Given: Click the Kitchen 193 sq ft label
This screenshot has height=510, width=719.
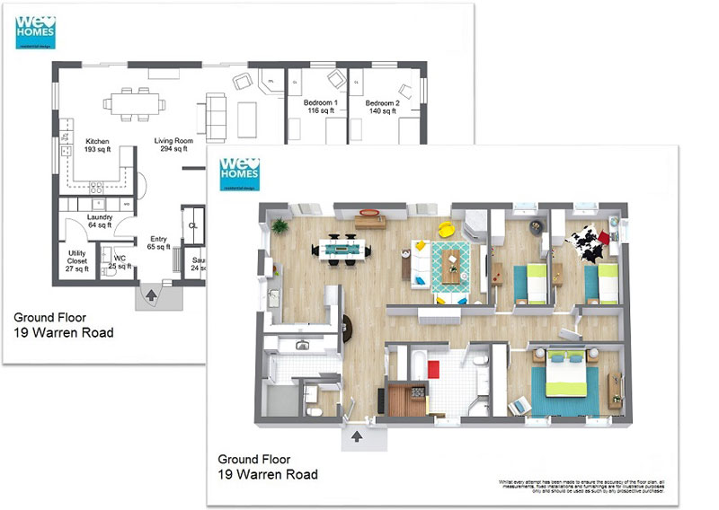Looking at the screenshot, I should tap(97, 145).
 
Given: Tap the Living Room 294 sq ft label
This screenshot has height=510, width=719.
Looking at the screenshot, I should tap(173, 145).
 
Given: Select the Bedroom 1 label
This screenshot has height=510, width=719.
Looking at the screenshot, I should tap(321, 107).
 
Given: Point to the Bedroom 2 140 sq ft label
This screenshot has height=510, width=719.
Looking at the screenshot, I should tap(382, 107).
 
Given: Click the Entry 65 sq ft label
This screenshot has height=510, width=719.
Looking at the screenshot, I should tap(158, 242).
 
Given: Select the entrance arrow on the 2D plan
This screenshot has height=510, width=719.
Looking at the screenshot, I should tap(152, 293).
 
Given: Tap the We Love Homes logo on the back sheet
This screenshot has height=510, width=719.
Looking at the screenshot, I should tap(36, 31).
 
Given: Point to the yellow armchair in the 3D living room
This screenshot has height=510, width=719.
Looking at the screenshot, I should tap(445, 228).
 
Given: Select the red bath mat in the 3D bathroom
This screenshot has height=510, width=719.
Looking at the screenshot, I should tap(433, 368).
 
